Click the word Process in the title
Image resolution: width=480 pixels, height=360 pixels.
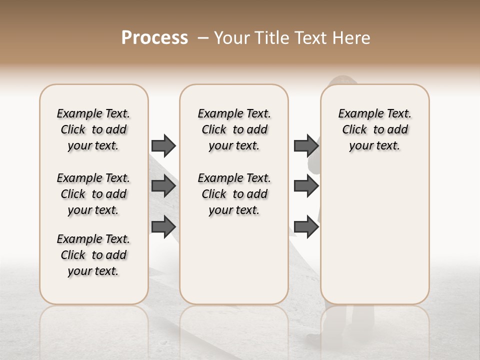pos(154,38)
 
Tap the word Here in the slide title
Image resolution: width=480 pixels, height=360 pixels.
pos(351,38)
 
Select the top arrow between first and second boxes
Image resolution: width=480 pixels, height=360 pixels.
pos(163,145)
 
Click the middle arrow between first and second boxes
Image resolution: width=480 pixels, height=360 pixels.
pos(163,186)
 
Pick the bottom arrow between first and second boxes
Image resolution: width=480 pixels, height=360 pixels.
pos(163,226)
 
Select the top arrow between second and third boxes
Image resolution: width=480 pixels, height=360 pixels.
pos(306,145)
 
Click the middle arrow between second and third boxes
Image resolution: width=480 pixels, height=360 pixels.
pos(306,186)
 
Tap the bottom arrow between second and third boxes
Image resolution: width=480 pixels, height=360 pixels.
pos(306,226)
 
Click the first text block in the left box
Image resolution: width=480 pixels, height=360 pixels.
pos(93,129)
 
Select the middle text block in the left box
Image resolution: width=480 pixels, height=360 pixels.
pos(93,194)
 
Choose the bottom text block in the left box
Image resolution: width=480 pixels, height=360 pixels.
pos(93,255)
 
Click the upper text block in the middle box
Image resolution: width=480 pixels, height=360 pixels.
pos(234,129)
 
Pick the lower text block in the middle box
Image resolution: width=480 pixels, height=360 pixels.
pos(234,194)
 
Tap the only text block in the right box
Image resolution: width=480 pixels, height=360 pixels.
pos(374,129)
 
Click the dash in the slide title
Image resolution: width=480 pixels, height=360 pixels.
pos(203,38)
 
